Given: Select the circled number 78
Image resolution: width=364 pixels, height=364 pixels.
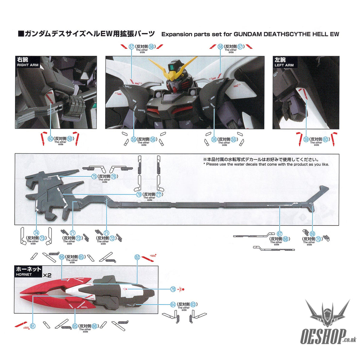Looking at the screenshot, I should (173, 289).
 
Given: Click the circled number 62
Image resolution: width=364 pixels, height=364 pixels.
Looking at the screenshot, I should (137, 257).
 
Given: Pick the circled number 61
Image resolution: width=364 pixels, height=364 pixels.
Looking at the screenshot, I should (33, 326).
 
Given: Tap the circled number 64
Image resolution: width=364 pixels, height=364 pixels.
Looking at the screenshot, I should (173, 305).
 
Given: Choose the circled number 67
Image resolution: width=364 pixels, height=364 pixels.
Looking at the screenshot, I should (279, 234).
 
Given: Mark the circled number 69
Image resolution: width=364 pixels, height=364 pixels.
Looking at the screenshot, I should (312, 234).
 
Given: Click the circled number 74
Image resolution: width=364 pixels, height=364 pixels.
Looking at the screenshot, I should (36, 233).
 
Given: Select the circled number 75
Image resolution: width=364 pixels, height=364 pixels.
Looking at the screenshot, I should (94, 177).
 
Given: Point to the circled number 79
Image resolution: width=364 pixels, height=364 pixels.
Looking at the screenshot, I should (139, 195).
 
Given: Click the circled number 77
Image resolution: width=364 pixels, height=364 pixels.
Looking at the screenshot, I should (159, 195).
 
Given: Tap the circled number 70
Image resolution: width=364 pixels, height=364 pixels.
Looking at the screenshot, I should (318, 239).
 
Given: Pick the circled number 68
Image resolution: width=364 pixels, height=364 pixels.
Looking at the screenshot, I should (285, 239).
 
